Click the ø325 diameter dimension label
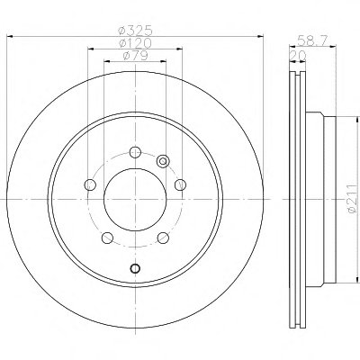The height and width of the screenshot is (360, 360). pyautogui.click(x=136, y=30)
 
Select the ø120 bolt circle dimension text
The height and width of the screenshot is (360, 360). pyautogui.click(x=135, y=43)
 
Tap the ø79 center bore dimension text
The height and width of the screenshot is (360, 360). pyautogui.click(x=136, y=55)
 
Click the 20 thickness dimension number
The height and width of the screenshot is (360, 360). pyautogui.click(x=297, y=55)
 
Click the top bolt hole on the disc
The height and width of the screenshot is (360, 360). pyautogui.click(x=135, y=152)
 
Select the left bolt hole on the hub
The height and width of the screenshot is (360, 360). pyautogui.click(x=90, y=184)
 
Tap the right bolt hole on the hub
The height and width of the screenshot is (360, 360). pyautogui.click(x=181, y=184)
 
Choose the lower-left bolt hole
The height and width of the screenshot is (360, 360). pyautogui.click(x=107, y=238)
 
